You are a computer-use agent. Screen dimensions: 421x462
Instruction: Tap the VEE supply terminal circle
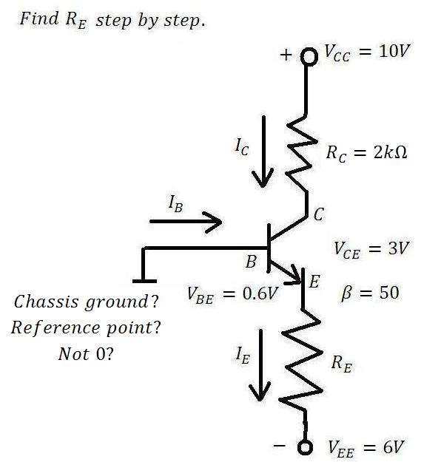[305, 447]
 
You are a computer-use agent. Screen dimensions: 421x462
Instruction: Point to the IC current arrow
[263, 152]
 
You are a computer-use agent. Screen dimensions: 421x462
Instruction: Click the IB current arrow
[186, 222]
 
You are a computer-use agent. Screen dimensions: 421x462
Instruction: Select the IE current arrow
[260, 365]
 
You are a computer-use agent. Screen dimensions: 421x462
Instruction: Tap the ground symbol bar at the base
[144, 281]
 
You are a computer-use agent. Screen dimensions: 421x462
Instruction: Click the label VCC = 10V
[367, 53]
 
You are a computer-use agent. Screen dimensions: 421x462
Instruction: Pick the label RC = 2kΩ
[366, 154]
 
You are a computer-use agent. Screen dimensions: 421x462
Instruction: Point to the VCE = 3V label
[371, 250]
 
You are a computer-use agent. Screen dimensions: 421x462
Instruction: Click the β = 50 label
[370, 293]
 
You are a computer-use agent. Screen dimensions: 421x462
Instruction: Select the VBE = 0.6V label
[232, 294]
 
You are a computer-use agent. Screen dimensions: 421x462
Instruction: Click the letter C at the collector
[319, 214]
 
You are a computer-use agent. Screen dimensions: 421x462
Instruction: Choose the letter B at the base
[251, 262]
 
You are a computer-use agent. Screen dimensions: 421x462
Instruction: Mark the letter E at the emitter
[314, 282]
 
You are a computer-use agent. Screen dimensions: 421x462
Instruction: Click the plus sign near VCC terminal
[286, 55]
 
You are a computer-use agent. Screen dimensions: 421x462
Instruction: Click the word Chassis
[47, 302]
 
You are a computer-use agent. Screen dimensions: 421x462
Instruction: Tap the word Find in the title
[39, 18]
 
